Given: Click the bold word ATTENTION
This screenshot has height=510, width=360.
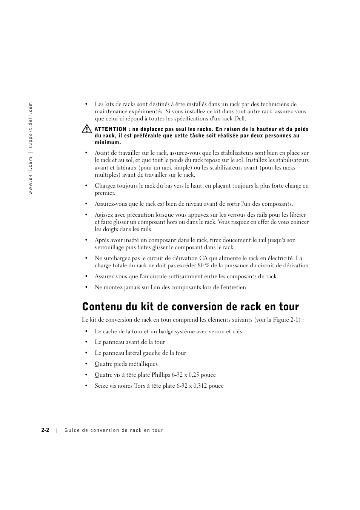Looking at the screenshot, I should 110,129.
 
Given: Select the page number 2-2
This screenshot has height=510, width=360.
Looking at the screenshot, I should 46,430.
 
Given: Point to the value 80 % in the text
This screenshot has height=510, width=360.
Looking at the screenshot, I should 204,265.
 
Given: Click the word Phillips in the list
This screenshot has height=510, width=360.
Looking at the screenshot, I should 161,375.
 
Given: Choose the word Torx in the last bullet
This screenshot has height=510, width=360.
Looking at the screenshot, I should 140,386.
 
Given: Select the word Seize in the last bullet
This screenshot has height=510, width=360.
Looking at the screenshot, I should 101,386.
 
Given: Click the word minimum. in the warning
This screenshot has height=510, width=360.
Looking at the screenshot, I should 108,142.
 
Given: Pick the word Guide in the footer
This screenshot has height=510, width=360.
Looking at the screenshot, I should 72,430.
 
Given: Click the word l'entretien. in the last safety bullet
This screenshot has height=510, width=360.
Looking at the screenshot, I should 234,287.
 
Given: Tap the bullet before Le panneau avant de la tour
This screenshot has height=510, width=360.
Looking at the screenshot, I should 86,342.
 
